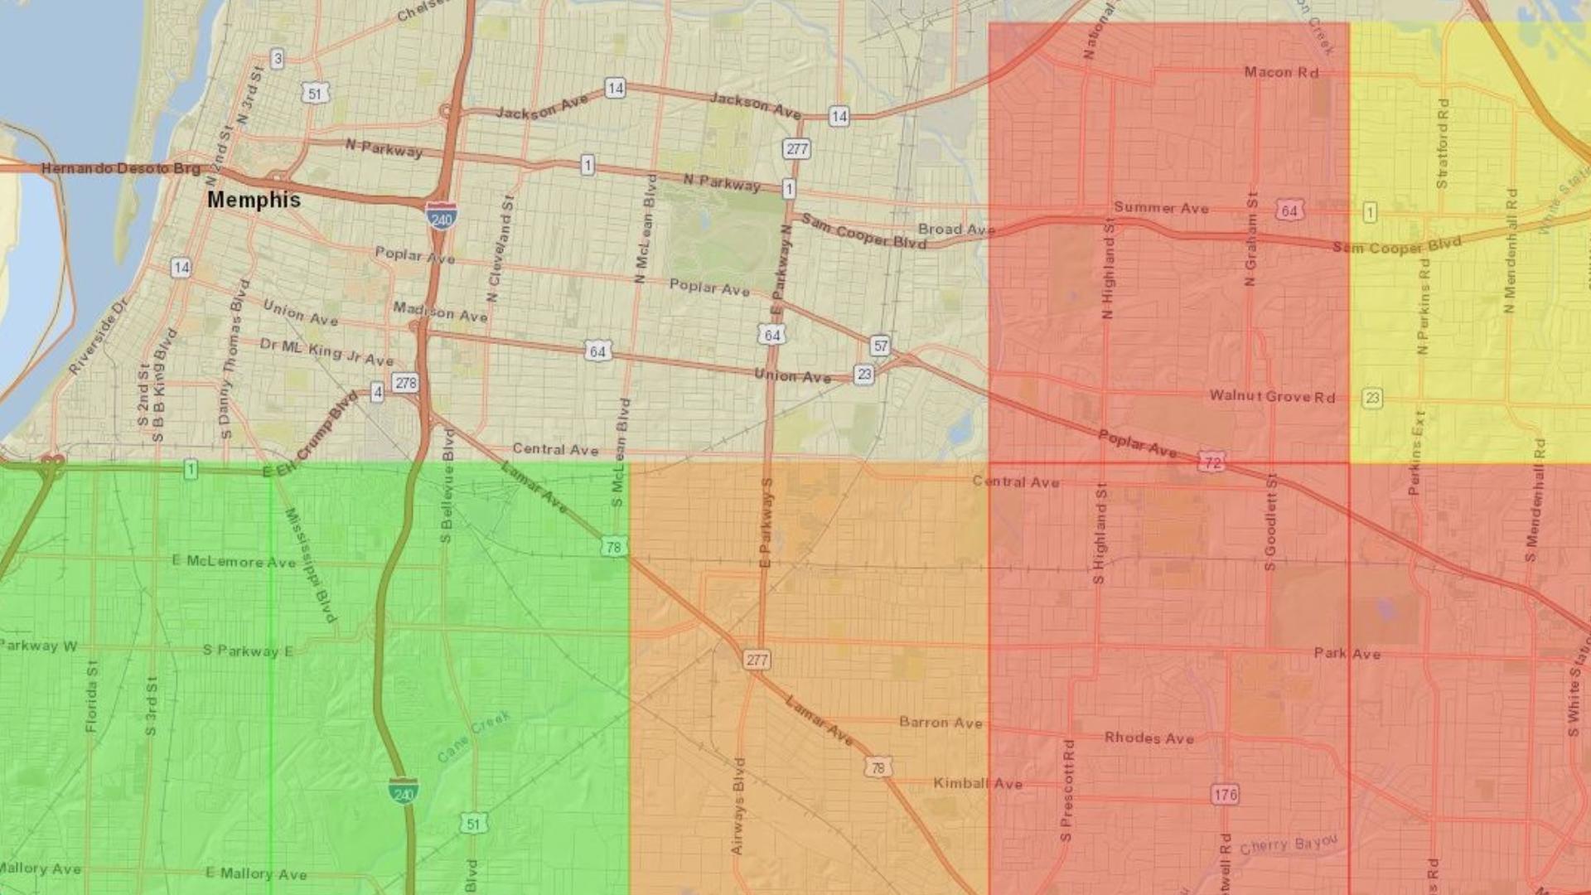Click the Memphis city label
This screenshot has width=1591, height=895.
point(254,200)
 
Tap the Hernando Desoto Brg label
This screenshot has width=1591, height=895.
point(121,168)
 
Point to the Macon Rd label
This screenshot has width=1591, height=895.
point(1281,72)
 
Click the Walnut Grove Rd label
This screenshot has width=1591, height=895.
point(1272,396)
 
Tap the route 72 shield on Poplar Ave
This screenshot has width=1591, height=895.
point(1211,462)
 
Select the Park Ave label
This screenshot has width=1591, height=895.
point(1347,653)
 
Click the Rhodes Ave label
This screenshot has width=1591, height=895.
point(1149,738)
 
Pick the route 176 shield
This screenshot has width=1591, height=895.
point(1225,795)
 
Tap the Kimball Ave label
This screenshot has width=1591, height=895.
point(978,783)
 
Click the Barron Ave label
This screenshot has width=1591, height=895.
point(941,723)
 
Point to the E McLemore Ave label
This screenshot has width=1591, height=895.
point(234,561)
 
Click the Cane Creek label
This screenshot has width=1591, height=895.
point(474,737)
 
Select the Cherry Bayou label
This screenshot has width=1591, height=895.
point(1289,845)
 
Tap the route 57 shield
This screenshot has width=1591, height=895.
point(880,346)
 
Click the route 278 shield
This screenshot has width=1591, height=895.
point(406,383)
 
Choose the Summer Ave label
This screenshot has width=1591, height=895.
point(1161,207)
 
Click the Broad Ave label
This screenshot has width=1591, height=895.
point(955,229)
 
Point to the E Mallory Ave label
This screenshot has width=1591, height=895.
point(256,873)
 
